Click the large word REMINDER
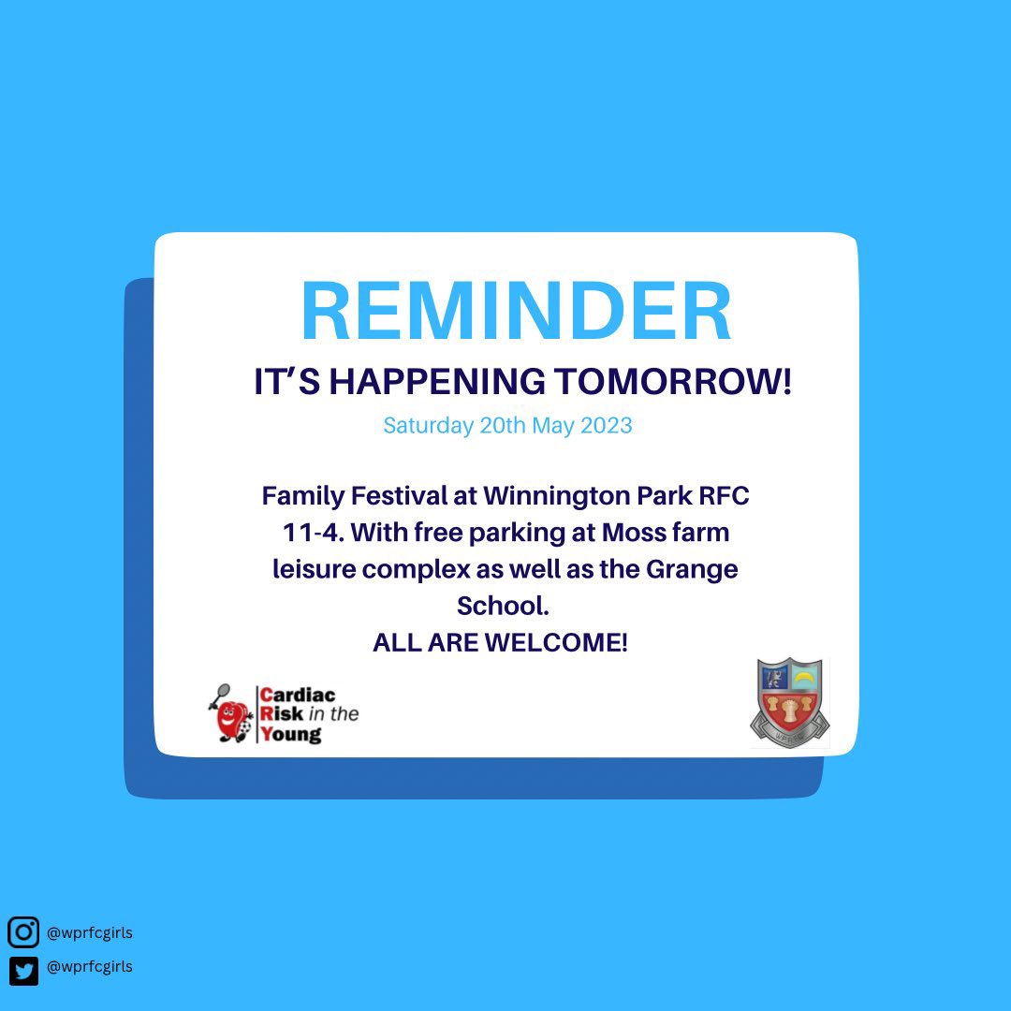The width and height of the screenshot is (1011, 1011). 516,313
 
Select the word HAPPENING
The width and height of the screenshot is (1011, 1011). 437,382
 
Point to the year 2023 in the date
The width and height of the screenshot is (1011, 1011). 607,426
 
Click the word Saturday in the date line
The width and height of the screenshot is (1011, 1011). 428,426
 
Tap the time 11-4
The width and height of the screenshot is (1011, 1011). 311,533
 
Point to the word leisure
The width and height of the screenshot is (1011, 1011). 314,569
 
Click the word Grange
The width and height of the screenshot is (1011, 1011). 692,569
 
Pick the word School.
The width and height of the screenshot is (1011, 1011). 502,606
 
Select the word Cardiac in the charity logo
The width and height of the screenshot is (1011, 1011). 297,696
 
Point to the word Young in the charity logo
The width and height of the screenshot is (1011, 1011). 290,734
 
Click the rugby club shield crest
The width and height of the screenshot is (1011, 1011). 789,701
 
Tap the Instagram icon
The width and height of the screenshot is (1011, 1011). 23,932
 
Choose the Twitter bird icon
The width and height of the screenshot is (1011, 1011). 23,969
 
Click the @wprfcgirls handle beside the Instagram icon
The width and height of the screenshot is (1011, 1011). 89,932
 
